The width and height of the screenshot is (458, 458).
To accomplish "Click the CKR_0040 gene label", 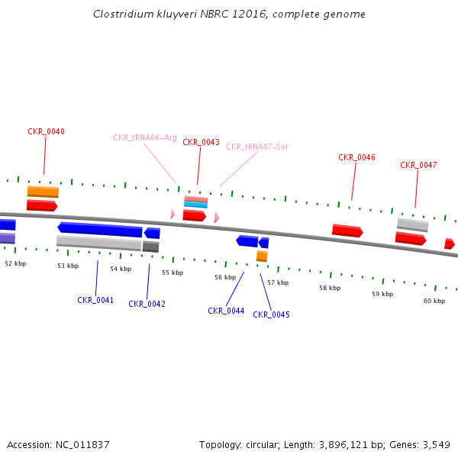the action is coord(46,132).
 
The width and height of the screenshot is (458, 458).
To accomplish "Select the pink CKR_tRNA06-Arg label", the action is coord(145,137).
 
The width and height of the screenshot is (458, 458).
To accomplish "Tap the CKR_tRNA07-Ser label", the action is coord(257,147).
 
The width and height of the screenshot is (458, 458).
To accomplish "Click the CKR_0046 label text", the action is coord(356,157).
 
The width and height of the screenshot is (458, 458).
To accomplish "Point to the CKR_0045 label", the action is coord(271,314).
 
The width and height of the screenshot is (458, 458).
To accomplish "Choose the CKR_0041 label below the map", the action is coord(95,300).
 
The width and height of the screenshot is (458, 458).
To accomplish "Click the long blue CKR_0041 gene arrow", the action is coord(100,229).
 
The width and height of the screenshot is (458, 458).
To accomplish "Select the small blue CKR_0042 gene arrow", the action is coord(152,233).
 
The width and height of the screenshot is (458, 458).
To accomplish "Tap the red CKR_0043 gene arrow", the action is coord(195,215).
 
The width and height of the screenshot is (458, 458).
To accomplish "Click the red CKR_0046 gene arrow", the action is coord(347,231).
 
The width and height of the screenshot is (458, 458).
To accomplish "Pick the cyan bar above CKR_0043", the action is coord(195,205).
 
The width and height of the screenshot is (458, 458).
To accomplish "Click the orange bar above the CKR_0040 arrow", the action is coord(43,192).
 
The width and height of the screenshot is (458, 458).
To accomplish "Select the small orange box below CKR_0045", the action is coord(262,256).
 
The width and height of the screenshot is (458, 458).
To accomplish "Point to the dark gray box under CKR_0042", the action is coord(150,247).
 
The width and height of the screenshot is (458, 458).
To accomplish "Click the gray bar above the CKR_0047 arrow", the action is coord(413,225).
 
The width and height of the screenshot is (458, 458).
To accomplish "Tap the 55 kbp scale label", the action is coord(173,273).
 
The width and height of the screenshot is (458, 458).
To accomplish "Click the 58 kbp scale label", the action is coord(330,288).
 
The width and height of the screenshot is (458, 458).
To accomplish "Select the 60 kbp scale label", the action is coord(434,301).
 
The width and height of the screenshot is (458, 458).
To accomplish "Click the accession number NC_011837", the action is coord(82,445).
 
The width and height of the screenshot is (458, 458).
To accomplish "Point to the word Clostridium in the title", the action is coord(124,14).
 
